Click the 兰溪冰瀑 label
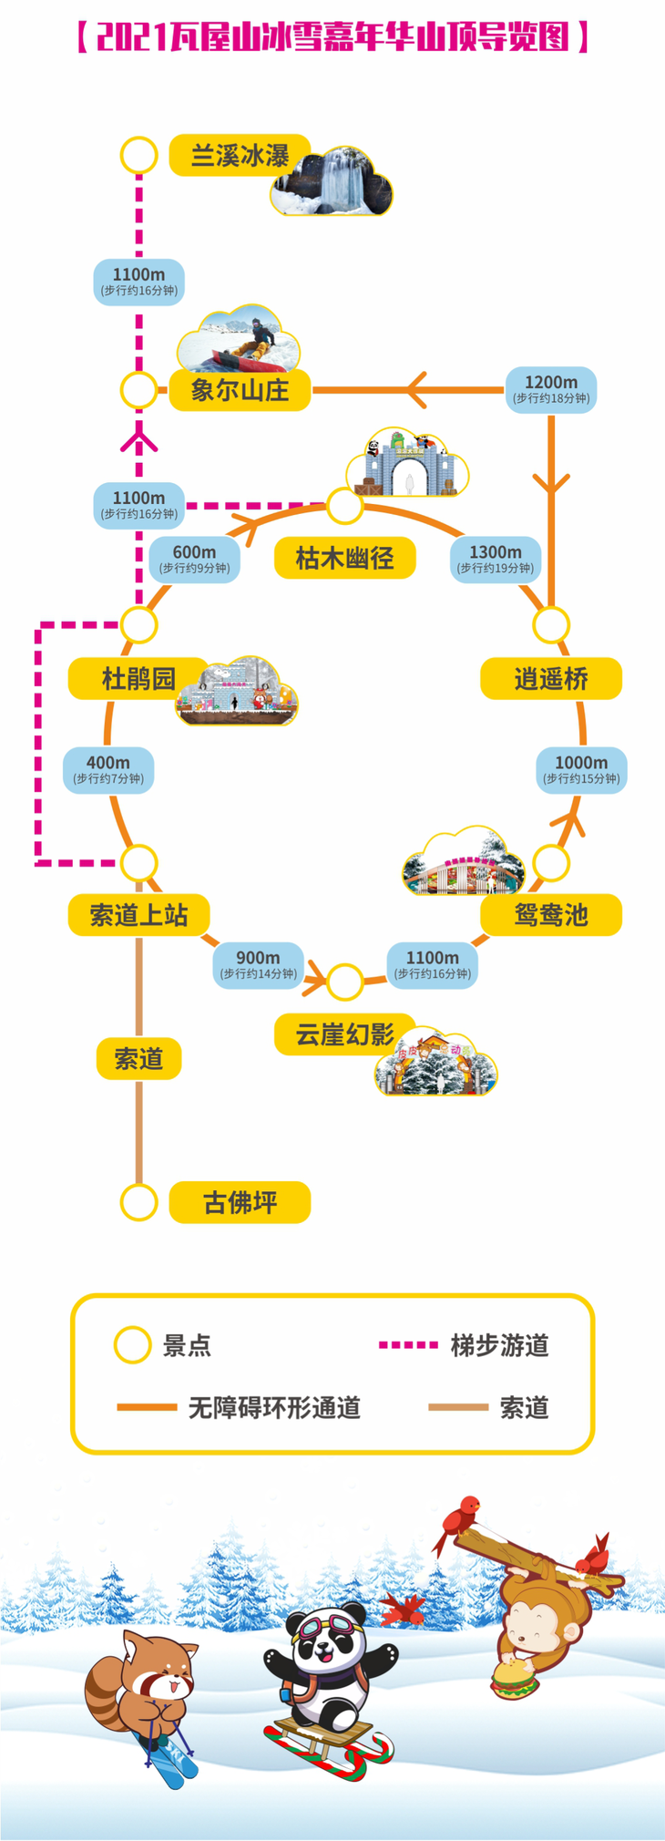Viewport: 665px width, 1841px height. (240, 156)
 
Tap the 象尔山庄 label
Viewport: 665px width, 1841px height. (240, 390)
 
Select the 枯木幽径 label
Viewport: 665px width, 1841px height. (344, 558)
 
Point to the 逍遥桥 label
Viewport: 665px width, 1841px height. (551, 679)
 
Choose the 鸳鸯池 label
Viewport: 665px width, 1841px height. (551, 914)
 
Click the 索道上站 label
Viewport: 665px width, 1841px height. (138, 914)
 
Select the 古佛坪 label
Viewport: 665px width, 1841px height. (240, 1202)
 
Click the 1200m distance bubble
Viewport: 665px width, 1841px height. (551, 389)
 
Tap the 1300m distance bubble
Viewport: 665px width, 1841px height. (496, 559)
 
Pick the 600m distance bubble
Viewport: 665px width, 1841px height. (194, 559)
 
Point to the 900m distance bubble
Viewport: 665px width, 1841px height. (258, 964)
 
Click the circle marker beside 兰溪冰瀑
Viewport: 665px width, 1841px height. (138, 156)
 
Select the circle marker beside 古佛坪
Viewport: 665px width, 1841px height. (138, 1202)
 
